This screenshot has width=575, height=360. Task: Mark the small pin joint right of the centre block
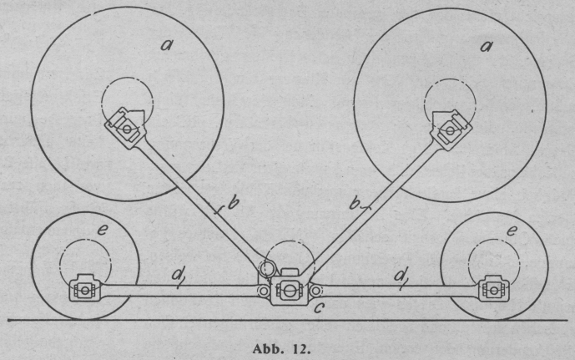(315, 290)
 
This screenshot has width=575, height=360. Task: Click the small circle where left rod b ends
(266, 269)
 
